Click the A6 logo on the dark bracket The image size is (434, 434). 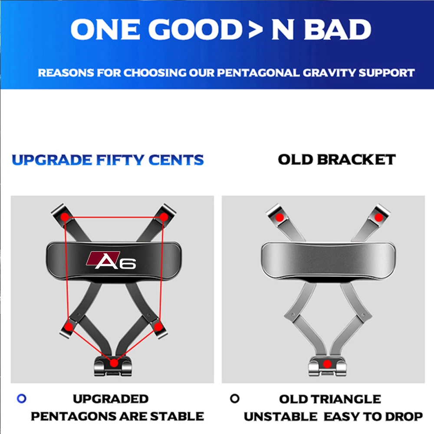click(111, 260)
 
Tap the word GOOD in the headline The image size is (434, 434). click(195, 30)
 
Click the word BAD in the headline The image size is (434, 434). click(337, 30)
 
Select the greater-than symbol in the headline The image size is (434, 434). click(255, 30)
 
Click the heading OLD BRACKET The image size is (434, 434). click(337, 160)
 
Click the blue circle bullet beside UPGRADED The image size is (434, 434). click(22, 398)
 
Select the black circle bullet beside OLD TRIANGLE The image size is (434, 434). click(235, 398)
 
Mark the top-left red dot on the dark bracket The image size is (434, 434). click(65, 217)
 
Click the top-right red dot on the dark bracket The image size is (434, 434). click(164, 217)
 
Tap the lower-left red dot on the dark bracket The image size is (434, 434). click(69, 327)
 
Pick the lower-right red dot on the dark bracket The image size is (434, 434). click(158, 327)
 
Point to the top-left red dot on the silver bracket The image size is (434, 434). click(279, 217)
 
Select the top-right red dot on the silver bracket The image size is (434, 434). click(378, 217)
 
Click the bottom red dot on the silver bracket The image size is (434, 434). click(327, 364)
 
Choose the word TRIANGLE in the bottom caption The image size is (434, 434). click(348, 399)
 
